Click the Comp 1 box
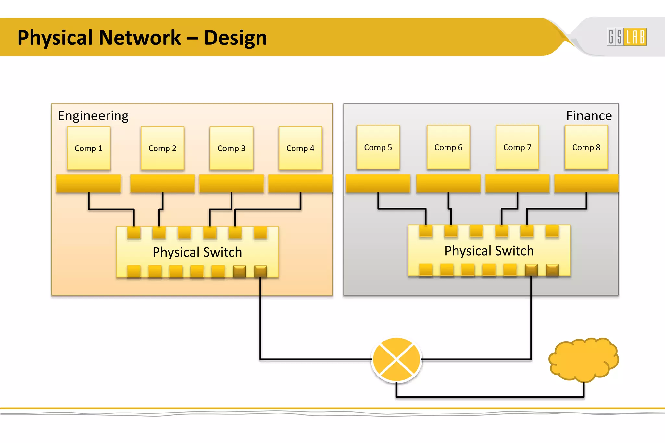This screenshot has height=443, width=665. tap(88, 148)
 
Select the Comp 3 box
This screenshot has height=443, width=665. tap(231, 148)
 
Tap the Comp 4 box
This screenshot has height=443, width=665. tap(300, 148)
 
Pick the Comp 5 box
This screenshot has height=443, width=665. tap(378, 147)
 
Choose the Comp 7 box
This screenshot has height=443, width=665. tap(517, 147)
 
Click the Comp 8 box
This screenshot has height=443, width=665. tap(586, 147)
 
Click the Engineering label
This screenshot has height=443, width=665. tap(93, 116)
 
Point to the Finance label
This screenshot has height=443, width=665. tap(589, 116)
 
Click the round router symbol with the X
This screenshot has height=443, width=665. tap(396, 360)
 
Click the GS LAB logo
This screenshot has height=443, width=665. tap(626, 37)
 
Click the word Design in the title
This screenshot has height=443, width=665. tap(235, 38)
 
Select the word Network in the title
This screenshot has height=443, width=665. tap(140, 38)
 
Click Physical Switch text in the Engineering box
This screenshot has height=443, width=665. tap(197, 252)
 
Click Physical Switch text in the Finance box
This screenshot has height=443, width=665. tap(489, 251)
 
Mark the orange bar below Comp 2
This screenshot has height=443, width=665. tap(162, 184)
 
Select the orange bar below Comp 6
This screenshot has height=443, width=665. tap(448, 183)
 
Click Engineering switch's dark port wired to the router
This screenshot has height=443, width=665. tap(260, 271)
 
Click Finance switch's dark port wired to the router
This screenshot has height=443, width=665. tap(531, 270)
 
